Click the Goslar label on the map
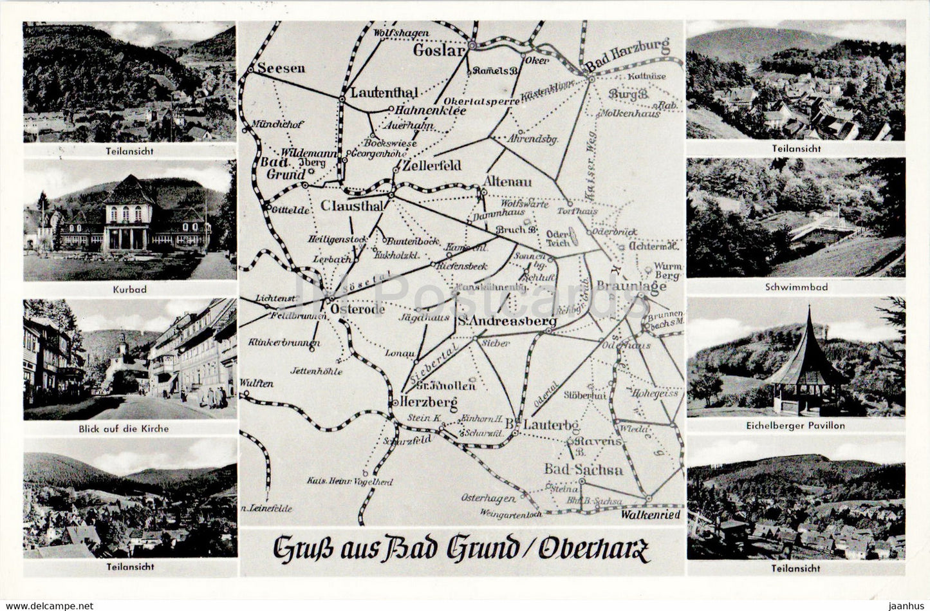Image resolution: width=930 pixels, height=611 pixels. pyautogui.click(x=439, y=50)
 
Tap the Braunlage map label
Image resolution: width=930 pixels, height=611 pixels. pyautogui.click(x=631, y=286)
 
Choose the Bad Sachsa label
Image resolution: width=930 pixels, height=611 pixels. pyautogui.click(x=584, y=469)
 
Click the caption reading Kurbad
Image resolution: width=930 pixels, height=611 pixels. pyautogui.click(x=130, y=290)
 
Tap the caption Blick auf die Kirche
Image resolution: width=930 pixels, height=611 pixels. pyautogui.click(x=130, y=428)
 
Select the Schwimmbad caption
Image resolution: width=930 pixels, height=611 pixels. pyautogui.click(x=796, y=287)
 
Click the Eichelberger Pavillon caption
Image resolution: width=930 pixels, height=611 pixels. pyautogui.click(x=796, y=426)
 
